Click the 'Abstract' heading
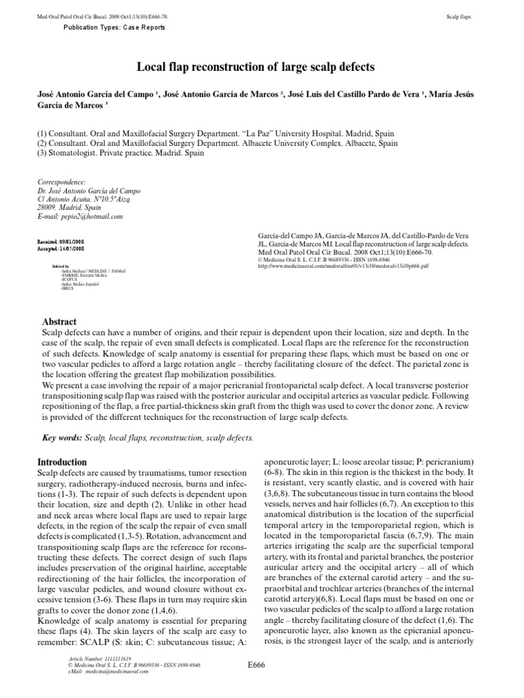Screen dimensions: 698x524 61,322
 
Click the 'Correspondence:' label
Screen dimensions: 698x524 61,183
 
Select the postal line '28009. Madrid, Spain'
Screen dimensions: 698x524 68,208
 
